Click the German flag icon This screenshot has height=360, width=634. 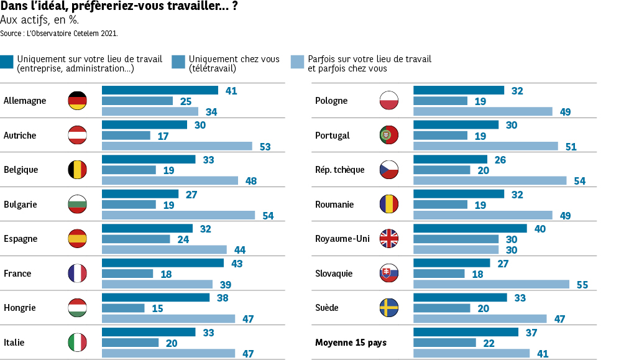click(x=77, y=101)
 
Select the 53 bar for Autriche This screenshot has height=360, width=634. click(x=177, y=146)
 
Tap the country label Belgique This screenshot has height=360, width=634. click(x=21, y=170)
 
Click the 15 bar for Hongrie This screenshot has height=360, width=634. click(x=123, y=308)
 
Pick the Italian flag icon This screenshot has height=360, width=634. click(x=77, y=343)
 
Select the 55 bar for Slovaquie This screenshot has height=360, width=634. click(x=491, y=284)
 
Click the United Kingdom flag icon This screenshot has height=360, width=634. click(x=389, y=239)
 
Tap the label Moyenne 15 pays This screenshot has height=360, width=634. click(x=351, y=343)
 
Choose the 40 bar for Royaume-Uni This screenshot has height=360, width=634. click(x=470, y=229)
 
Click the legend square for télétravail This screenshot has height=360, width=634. click(x=178, y=62)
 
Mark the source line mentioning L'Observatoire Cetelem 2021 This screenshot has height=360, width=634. click(x=59, y=33)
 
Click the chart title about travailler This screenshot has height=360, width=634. click(x=118, y=7)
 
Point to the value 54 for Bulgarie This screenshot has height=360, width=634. click(x=267, y=216)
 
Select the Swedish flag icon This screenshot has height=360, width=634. click(x=389, y=308)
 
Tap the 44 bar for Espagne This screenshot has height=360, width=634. click(x=164, y=250)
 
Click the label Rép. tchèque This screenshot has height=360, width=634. click(x=339, y=170)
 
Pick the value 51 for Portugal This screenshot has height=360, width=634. click(x=571, y=147)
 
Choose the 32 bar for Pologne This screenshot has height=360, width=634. click(x=459, y=91)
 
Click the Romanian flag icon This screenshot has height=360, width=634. click(x=389, y=205)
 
